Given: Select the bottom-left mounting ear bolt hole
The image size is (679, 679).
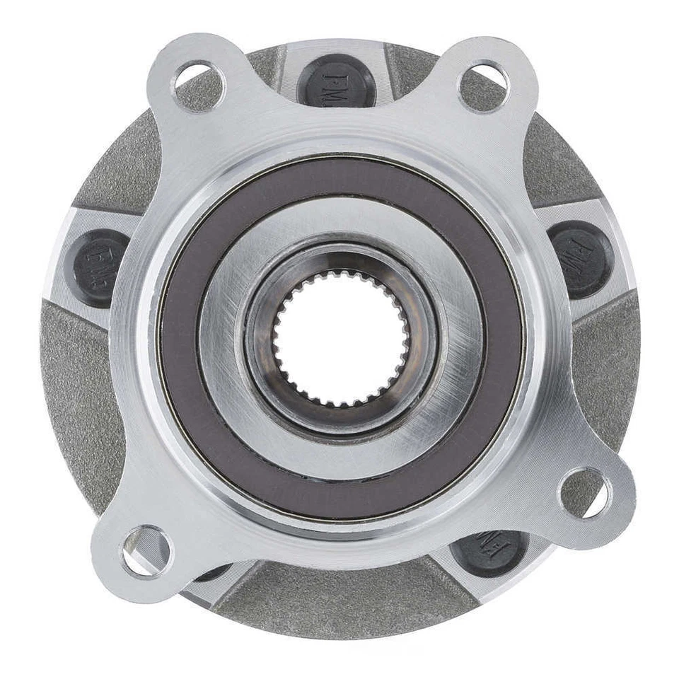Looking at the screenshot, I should [x=147, y=551].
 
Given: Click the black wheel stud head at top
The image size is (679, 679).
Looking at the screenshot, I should [x=337, y=79].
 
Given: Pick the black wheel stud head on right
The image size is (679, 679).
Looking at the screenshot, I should [x=581, y=259].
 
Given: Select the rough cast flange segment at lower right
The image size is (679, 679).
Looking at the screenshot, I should [x=601, y=368].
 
